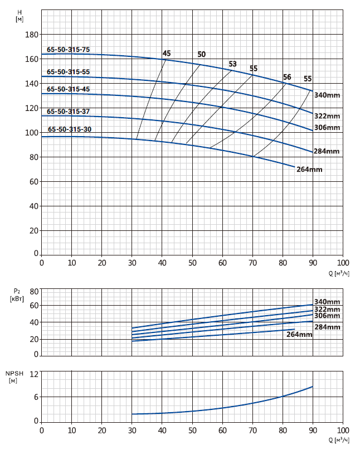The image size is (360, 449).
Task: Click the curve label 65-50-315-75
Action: tap(68, 50)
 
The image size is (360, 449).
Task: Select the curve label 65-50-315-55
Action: tap(68, 72)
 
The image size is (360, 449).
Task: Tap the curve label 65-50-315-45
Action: tap(68, 89)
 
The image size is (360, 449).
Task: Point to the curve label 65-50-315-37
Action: tap(68, 112)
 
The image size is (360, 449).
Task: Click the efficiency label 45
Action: tap(167, 54)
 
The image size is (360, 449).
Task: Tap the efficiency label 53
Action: tap(233, 64)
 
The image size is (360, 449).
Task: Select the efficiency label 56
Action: tap(287, 77)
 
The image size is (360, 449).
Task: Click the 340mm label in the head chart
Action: tap(327, 95)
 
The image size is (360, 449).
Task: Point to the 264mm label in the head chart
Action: tap(309, 169)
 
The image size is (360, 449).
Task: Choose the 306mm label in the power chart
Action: tap(327, 316)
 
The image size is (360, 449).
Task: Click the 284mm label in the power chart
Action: tap(327, 327)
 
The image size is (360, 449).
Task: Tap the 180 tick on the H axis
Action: tap(32, 35)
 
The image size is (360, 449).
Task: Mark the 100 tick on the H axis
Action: tap(32, 133)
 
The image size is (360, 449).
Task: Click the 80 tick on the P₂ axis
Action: tap(33, 291)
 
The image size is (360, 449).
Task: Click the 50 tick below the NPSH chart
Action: tap(192, 431)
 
